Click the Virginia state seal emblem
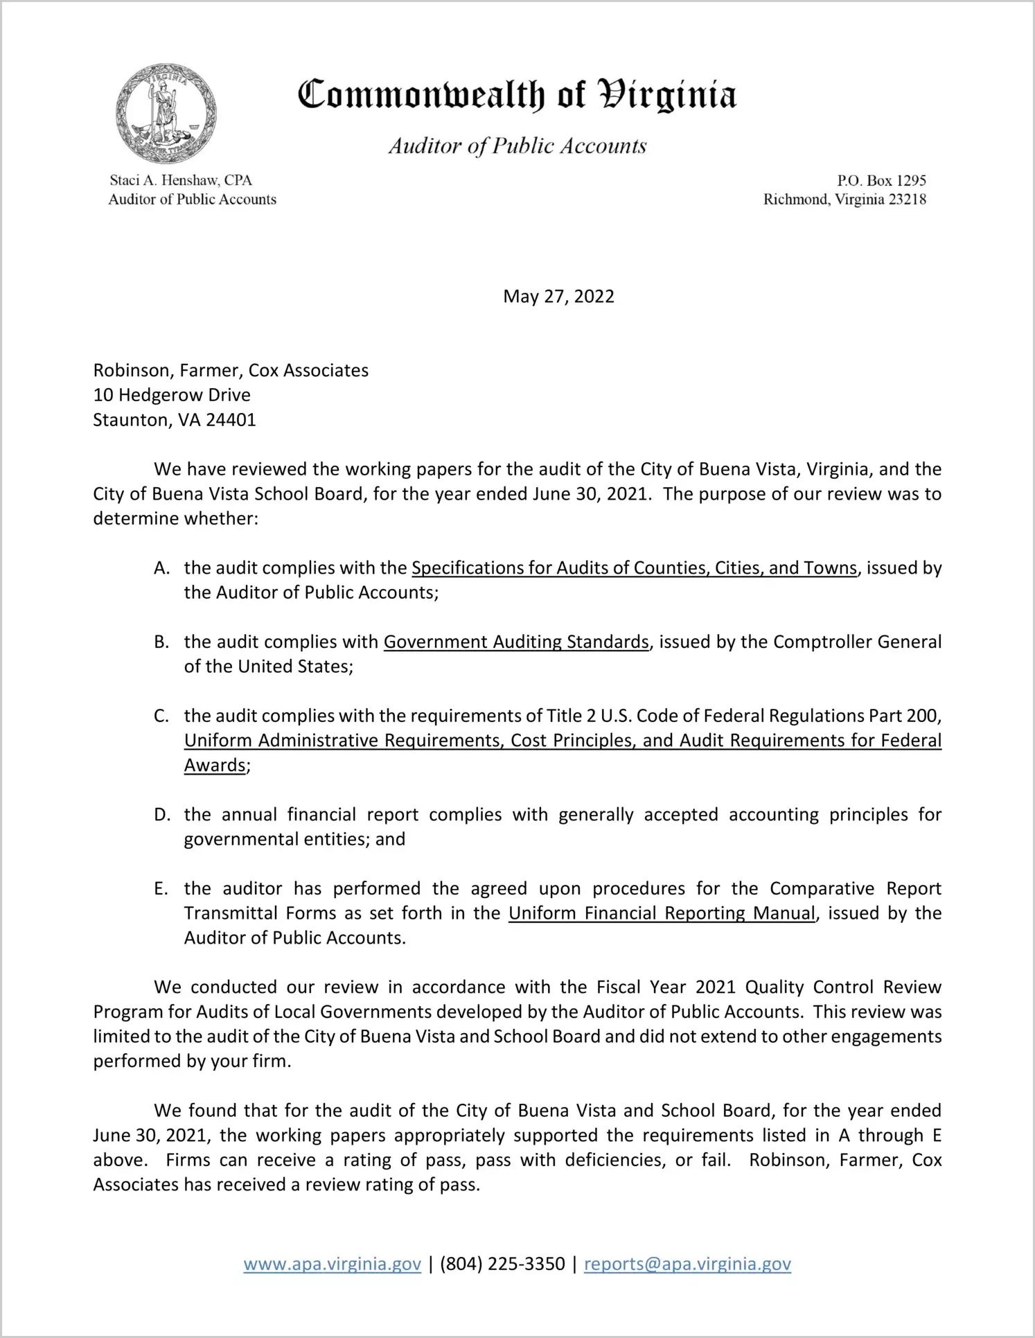pos(166,113)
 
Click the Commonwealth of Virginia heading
pos(517,96)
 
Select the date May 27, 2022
pos(558,297)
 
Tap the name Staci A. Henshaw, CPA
pos(181,180)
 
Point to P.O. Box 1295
pos(881,181)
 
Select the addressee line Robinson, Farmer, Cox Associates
pos(231,371)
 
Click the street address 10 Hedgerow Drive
pos(172,395)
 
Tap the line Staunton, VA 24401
pos(175,420)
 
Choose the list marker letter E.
pos(161,889)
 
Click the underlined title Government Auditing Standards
pos(516,642)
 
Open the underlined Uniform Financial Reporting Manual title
pos(662,913)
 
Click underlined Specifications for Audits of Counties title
pos(634,568)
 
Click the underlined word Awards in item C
pos(215,766)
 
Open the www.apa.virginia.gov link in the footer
pos(333,1264)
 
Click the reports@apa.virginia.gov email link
pos(687,1264)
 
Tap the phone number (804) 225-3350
pos(502,1264)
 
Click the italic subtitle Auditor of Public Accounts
pos(517,146)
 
